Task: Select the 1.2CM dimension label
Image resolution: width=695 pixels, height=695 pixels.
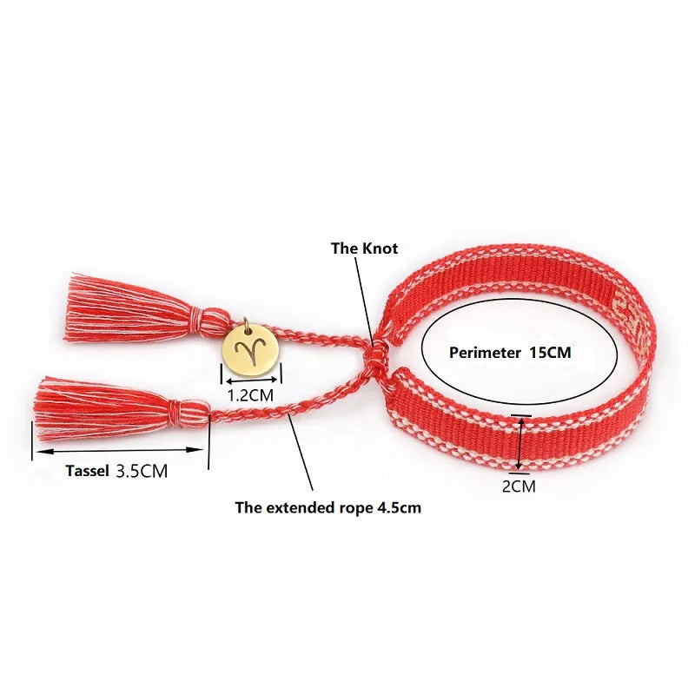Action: (250, 394)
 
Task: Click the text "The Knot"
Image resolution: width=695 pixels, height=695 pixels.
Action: (364, 248)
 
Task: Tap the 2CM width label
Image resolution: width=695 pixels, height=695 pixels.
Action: (519, 486)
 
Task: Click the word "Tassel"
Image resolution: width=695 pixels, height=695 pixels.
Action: (88, 472)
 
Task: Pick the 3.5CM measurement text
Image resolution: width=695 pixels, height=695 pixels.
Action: (142, 472)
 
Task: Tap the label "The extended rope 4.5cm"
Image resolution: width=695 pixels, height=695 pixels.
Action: (328, 507)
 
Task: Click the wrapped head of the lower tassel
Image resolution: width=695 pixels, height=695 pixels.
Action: (192, 409)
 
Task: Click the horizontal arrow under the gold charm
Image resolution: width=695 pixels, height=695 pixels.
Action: (251, 379)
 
